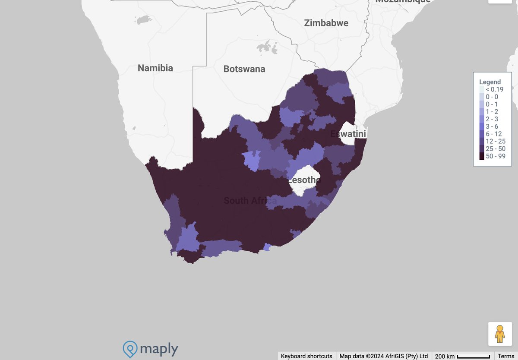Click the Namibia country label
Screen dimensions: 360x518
[x=155, y=68]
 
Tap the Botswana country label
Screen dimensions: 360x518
[x=244, y=69]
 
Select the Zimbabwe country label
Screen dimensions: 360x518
[x=326, y=23]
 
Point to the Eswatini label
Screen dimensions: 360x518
[x=348, y=134]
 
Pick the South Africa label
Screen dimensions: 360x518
[x=250, y=200]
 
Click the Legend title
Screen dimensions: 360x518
[x=490, y=82]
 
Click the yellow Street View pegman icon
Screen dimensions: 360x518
[x=500, y=334]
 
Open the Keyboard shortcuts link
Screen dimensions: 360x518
[x=306, y=356]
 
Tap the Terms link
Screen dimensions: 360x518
[x=506, y=356]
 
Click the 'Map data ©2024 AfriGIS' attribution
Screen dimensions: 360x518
[x=384, y=356]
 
